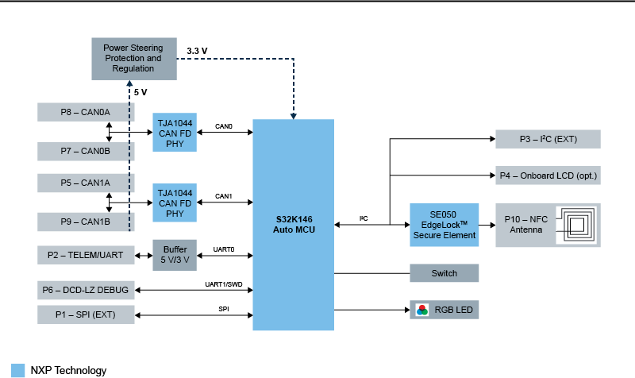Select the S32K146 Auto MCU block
coord(293,224)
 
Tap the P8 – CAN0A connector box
coord(86,112)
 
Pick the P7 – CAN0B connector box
coord(86,151)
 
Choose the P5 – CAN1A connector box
coord(86,183)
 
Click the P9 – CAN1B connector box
coord(86,221)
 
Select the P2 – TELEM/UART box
coord(86,255)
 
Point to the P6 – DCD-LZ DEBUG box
coord(86,290)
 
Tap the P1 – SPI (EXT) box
coord(86,314)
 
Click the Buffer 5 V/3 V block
coord(174,255)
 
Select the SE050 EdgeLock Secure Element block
coord(444,225)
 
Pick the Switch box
coord(444,273)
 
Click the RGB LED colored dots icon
coord(422,309)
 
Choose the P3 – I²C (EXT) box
coord(548,139)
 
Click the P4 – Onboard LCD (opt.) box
coord(548,175)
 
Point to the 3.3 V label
coord(197,51)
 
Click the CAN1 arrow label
coord(224,195)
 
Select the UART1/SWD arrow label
coord(223,283)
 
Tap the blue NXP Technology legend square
coord(17,370)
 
